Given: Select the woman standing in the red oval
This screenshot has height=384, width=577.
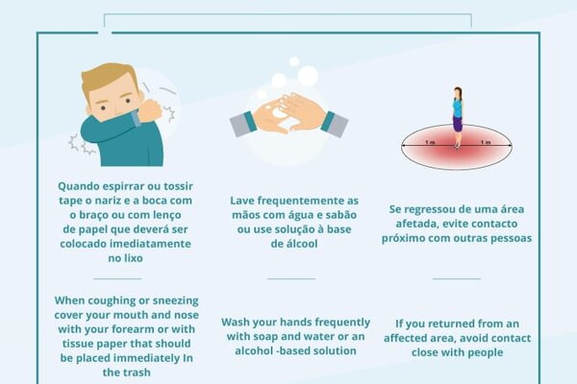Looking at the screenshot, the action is [x=458, y=117].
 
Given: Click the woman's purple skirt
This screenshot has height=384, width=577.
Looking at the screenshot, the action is [x=458, y=124].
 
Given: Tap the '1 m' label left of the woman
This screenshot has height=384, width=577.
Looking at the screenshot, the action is [x=430, y=142].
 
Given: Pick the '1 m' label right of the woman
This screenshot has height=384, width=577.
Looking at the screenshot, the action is [x=486, y=142].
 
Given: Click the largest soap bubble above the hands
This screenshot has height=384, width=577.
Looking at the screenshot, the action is [x=308, y=75].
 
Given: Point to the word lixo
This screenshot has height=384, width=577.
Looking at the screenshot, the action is [x=134, y=258].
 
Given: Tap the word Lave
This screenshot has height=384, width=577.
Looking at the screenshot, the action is [x=242, y=201].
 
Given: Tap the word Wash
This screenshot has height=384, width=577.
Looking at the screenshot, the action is [x=236, y=323].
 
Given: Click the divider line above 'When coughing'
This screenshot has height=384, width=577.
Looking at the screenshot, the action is [x=117, y=279].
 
